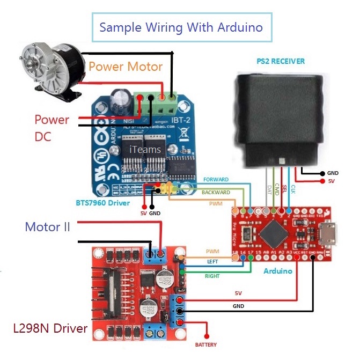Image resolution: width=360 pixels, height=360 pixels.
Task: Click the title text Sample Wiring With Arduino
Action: point(181,27)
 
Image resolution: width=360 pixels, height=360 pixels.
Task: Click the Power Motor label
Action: point(125,67)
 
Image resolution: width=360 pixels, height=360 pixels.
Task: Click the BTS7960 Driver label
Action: point(102,203)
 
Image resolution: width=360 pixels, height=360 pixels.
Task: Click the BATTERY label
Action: point(205,344)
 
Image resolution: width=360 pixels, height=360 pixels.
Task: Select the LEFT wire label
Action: point(212,262)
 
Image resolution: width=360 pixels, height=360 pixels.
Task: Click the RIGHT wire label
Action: point(212,276)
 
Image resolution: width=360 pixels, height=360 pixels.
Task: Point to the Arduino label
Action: point(278,271)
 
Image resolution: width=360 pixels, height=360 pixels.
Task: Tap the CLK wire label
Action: point(293,189)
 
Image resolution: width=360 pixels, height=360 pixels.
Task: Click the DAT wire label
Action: point(268,189)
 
